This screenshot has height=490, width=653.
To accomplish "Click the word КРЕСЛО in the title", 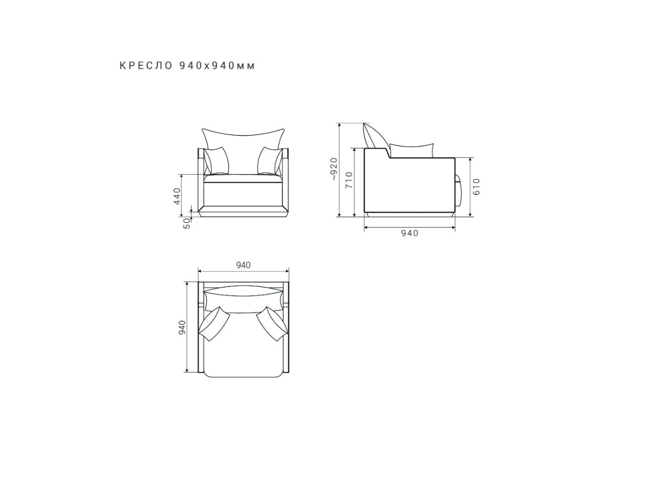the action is coord(146,66).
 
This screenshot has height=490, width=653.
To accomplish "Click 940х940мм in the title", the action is coord(217,66).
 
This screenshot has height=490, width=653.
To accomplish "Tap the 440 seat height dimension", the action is coord(177,196).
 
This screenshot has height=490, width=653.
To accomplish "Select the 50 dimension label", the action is coord(187,223).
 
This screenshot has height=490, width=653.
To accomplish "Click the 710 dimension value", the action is coord(349,180).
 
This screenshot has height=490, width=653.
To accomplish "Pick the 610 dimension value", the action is coord(476,187).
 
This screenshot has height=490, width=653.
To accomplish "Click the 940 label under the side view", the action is coord(410,233).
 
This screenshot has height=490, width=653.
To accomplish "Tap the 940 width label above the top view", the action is coord(243,265).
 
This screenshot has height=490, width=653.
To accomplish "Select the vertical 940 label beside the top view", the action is coord(182,327).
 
